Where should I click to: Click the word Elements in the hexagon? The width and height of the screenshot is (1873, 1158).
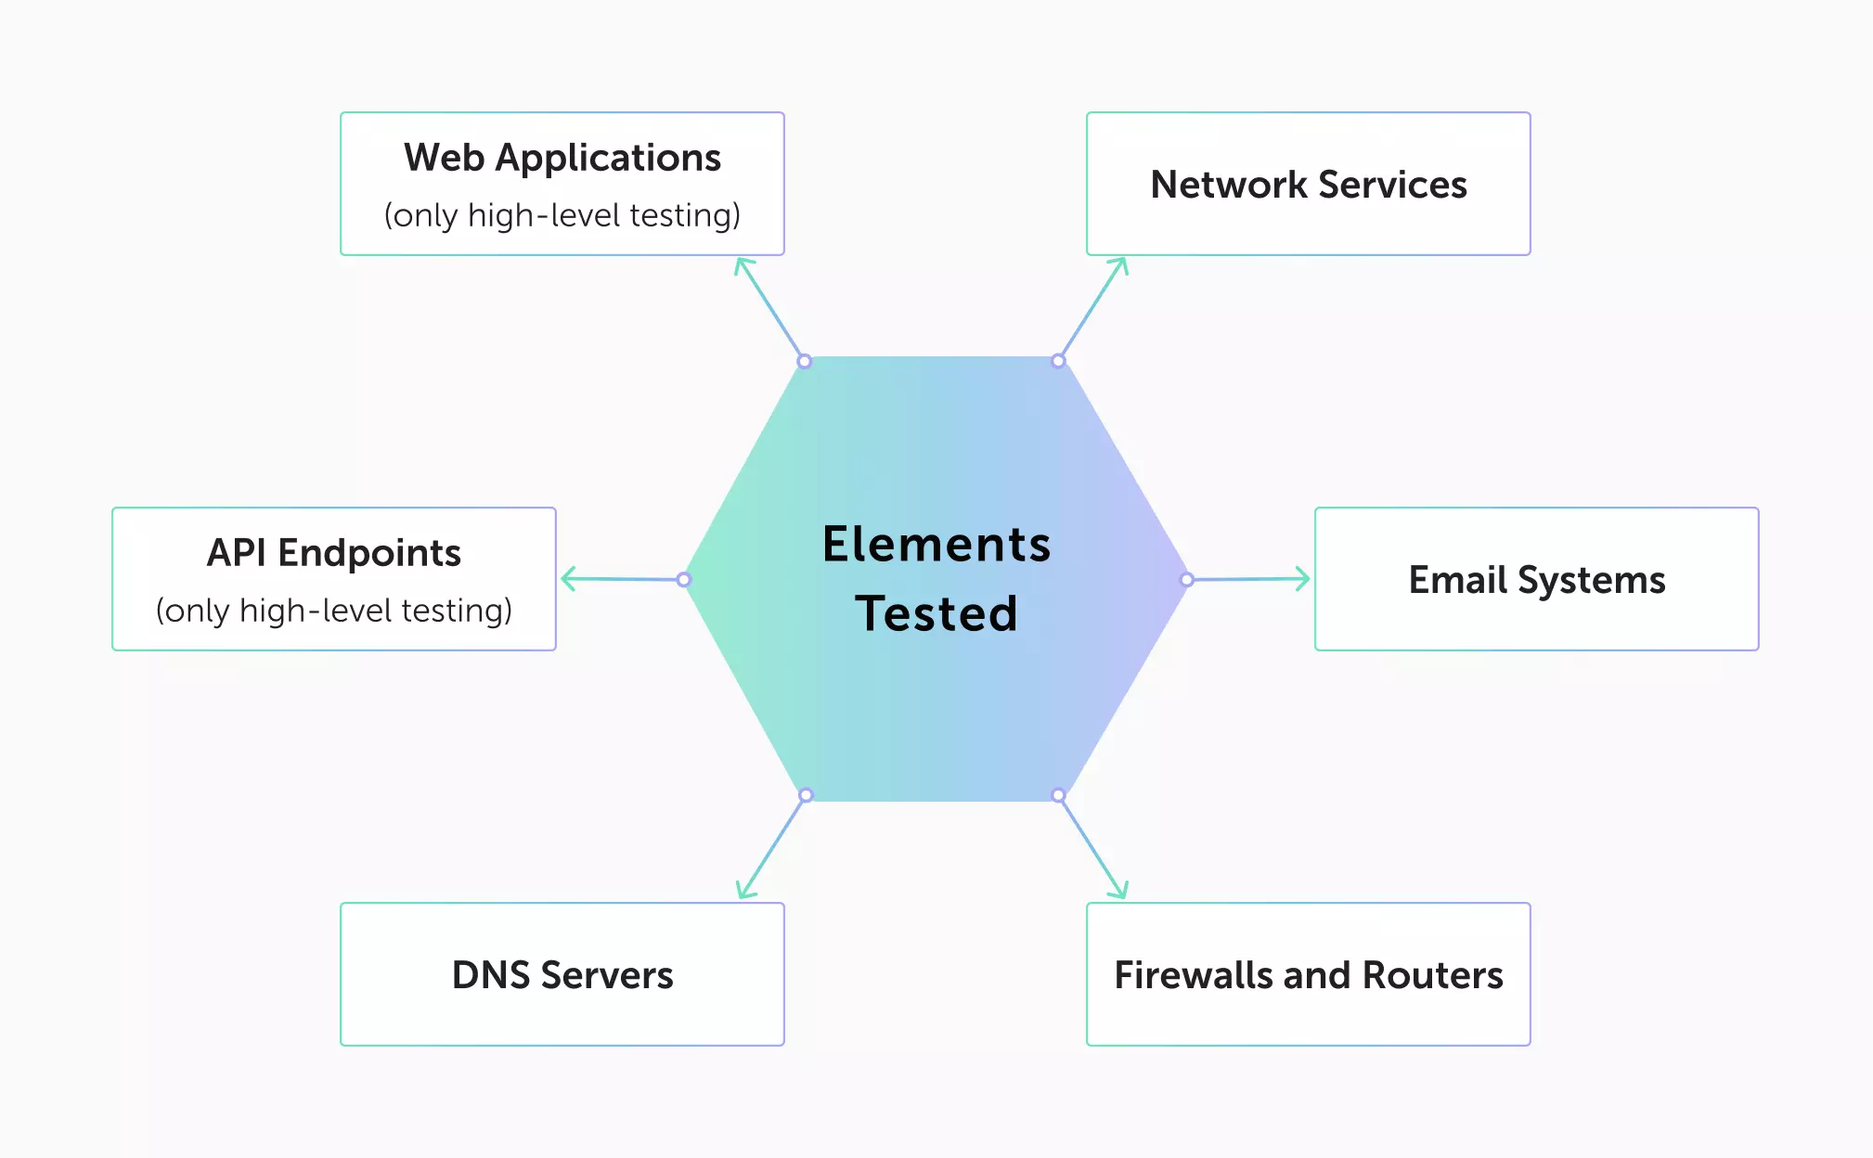(936, 545)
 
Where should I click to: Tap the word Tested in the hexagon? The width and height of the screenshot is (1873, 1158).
(936, 614)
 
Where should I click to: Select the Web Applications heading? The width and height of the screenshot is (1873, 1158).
(562, 158)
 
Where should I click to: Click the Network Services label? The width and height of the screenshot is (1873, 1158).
(1309, 185)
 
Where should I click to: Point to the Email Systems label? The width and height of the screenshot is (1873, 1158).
(1537, 580)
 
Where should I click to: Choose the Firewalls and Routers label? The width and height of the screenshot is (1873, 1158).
(1309, 975)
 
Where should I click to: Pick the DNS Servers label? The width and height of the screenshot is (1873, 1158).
(562, 975)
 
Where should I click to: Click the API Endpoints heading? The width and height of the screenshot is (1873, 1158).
(334, 553)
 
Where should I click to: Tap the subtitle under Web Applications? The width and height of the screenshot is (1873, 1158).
(562, 215)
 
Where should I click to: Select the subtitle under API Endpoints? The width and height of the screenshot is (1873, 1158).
(334, 611)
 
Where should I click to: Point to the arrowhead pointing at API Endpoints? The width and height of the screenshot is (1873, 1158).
(566, 579)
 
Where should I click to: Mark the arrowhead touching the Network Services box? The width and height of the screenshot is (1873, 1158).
(1122, 264)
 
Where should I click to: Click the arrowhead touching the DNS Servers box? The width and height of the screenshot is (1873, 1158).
(743, 893)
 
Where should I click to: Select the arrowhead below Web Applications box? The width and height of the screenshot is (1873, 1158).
(742, 264)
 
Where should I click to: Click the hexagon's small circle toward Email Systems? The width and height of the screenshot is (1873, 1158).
(1187, 580)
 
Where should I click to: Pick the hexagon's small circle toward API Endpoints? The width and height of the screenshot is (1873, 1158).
(684, 580)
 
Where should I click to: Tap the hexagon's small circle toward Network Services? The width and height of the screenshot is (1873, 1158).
(1058, 361)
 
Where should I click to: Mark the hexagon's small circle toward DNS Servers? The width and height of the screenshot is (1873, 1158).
(806, 795)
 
